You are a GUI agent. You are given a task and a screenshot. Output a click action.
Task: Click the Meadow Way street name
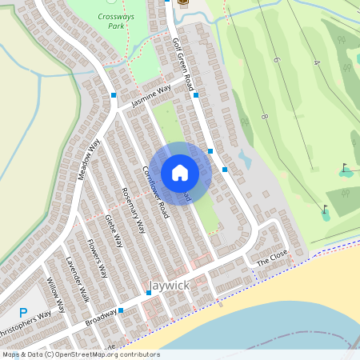click(x=89, y=159)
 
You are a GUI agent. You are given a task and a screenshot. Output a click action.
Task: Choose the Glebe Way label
click(x=114, y=230)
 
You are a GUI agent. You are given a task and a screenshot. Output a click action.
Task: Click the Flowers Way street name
click(x=96, y=257)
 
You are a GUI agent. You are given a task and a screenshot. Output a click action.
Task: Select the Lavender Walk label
click(x=78, y=279)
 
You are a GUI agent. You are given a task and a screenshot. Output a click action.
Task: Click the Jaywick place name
click(x=170, y=285)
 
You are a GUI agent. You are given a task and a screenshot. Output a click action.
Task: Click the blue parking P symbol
click(x=23, y=313)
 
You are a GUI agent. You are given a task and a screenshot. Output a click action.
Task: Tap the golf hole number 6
click(x=276, y=61)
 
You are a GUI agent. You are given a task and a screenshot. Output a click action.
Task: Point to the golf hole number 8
click(x=264, y=118)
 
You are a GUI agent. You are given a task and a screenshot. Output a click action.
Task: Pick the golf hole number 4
click(x=317, y=62)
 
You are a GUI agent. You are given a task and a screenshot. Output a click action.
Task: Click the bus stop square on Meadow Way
click(x=114, y=95)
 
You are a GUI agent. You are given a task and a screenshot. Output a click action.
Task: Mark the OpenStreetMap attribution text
click(x=80, y=354)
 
